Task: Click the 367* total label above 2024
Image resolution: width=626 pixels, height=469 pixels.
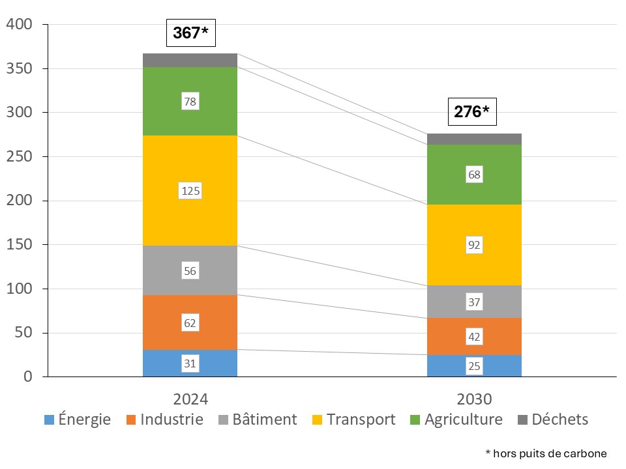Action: (x=191, y=33)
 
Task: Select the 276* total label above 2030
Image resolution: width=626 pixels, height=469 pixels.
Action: (x=472, y=111)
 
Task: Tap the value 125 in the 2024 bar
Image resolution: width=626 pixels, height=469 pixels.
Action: (x=190, y=191)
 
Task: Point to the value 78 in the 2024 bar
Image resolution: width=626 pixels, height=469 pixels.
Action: (x=190, y=102)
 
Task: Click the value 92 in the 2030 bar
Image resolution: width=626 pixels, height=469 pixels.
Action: (x=474, y=245)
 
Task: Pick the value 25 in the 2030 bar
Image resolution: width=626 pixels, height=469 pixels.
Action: (x=474, y=366)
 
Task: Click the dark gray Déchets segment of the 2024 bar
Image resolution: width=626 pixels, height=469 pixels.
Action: (x=190, y=60)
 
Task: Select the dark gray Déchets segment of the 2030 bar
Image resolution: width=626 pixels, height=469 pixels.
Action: (x=474, y=139)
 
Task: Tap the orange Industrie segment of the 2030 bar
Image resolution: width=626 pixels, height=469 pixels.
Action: (x=474, y=336)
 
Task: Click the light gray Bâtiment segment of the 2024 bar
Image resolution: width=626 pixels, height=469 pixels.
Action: (x=190, y=270)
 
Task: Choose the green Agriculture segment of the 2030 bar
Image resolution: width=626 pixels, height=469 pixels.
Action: (x=474, y=175)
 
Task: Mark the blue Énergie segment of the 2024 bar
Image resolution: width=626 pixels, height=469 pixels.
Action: (x=190, y=363)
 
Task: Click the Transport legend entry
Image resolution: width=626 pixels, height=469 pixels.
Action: (x=353, y=419)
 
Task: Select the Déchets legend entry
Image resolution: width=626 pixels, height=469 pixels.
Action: (x=553, y=419)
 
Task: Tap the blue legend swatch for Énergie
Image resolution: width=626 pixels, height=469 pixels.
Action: (x=49, y=420)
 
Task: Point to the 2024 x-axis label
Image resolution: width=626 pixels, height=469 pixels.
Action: (x=190, y=399)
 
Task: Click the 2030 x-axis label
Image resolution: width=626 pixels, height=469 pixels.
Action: (x=474, y=399)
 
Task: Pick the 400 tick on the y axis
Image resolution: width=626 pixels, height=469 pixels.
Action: (x=19, y=24)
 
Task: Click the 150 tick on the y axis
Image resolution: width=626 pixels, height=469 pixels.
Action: (x=19, y=244)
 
